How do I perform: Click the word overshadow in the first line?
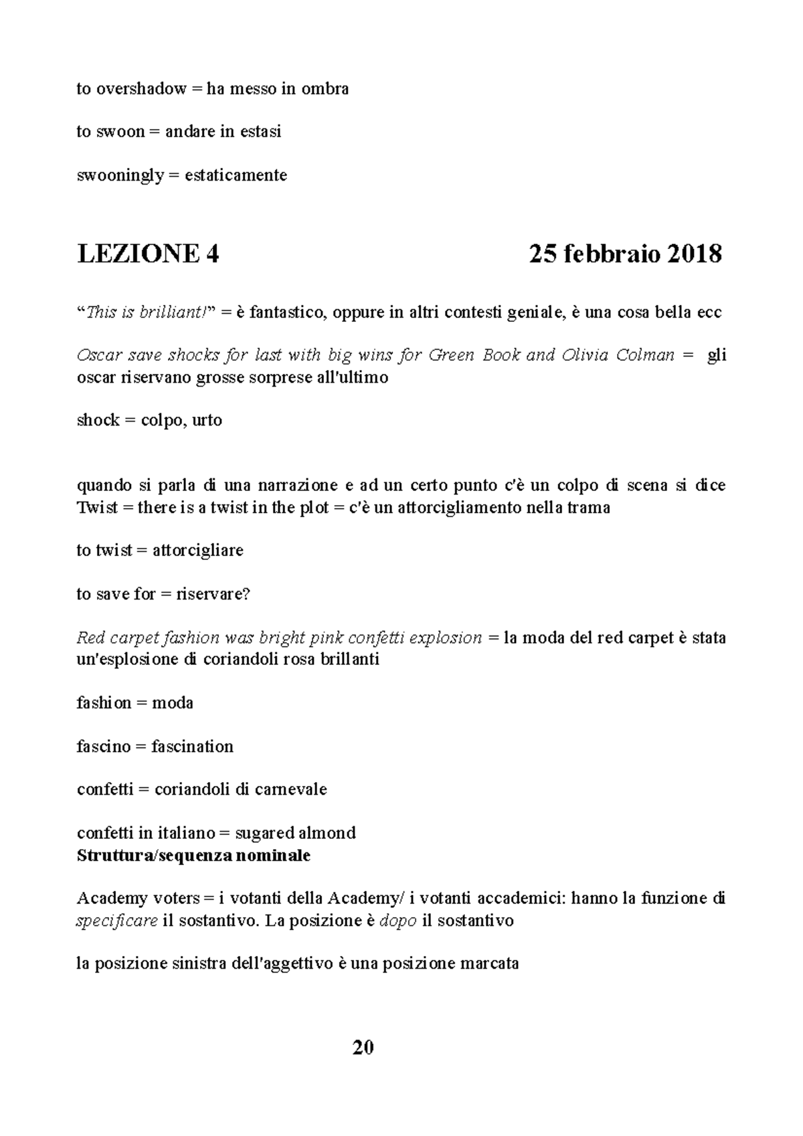click(139, 88)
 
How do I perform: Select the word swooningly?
click(120, 175)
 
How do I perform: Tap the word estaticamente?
click(236, 175)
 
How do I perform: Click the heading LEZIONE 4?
click(148, 254)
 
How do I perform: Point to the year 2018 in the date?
click(694, 254)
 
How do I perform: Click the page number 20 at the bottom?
click(363, 1047)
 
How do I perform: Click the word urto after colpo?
click(207, 420)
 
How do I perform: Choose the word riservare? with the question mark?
click(213, 593)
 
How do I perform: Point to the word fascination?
click(193, 746)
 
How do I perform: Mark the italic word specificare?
click(117, 921)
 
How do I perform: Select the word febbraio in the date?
click(609, 254)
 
